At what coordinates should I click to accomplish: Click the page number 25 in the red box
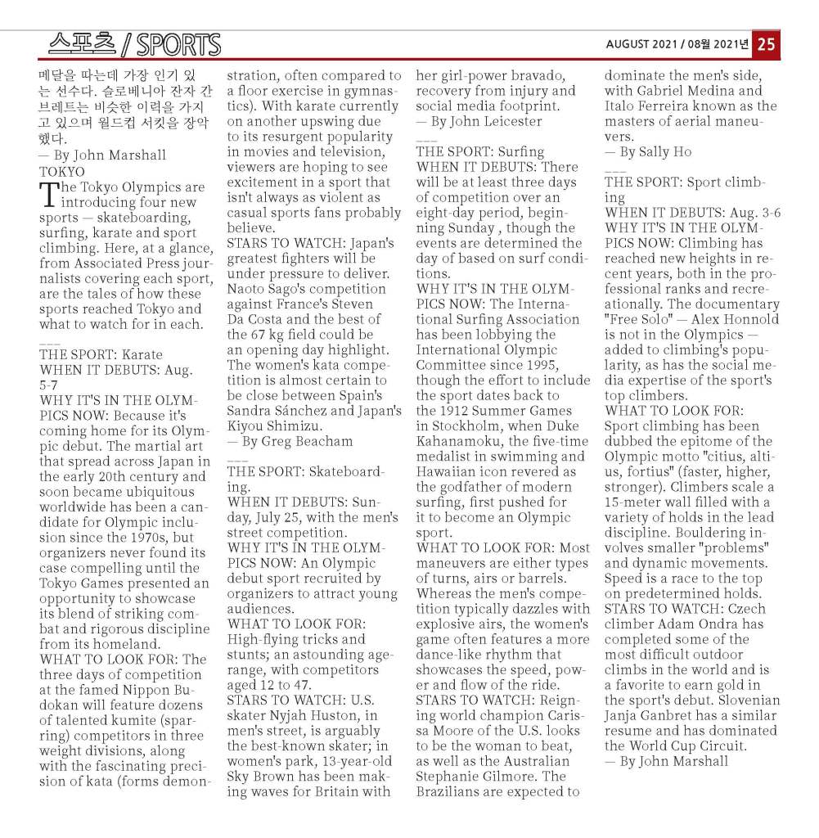766,45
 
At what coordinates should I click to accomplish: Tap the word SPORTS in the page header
178,44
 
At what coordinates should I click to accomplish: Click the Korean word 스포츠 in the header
82,43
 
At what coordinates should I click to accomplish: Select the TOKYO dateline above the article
61,171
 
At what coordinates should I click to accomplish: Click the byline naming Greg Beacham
290,441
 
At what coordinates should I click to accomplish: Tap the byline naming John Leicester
479,121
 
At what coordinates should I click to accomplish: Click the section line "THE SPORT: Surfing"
479,151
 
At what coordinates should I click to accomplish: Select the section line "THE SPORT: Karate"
101,354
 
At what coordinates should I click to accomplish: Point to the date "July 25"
283,517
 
